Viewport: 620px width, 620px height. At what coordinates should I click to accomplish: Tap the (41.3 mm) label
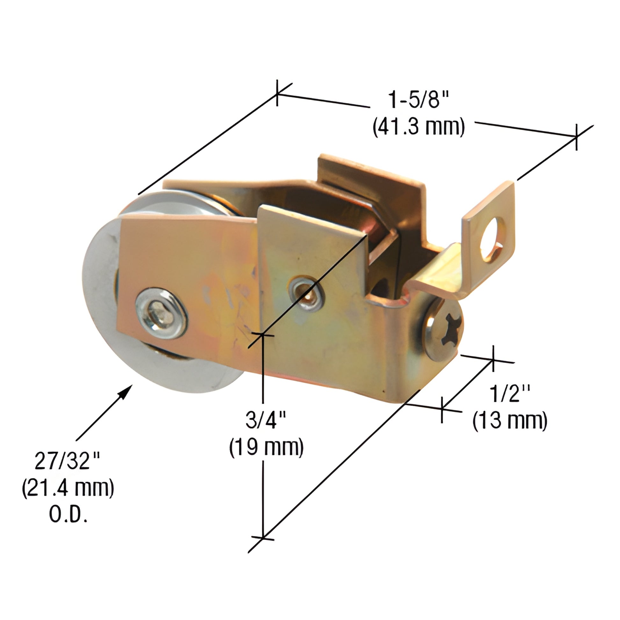[418, 127]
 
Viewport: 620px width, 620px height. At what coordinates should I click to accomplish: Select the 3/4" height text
[266, 420]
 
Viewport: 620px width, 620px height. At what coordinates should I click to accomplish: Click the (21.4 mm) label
[68, 488]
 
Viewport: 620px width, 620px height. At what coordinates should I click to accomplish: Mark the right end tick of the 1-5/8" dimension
[576, 137]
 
